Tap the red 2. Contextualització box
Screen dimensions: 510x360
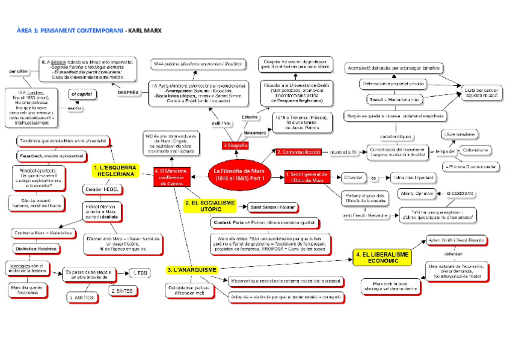(x=298, y=153)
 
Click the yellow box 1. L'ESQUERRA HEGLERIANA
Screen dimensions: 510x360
(x=115, y=170)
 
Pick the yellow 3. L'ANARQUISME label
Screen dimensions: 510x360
(x=192, y=270)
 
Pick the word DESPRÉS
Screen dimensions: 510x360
(x=129, y=92)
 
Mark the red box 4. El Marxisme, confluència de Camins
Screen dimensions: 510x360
(x=174, y=177)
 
